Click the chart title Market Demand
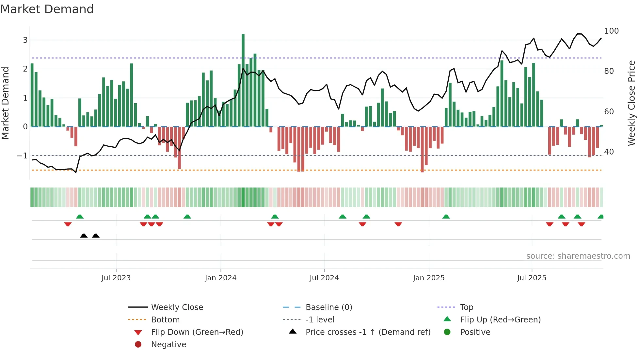pos(47,9)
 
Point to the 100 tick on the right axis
pos(611,31)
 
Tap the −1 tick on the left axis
pos(22,156)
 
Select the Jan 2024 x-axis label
pos(221,278)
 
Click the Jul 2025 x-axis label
pos(532,278)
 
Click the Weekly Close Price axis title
pos(632,103)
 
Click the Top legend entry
pos(467,307)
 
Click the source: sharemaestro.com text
pos(578,256)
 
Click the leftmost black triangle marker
pos(84,236)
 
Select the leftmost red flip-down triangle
pos(68,224)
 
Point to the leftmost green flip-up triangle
pos(80,217)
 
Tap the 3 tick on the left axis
pos(25,40)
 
